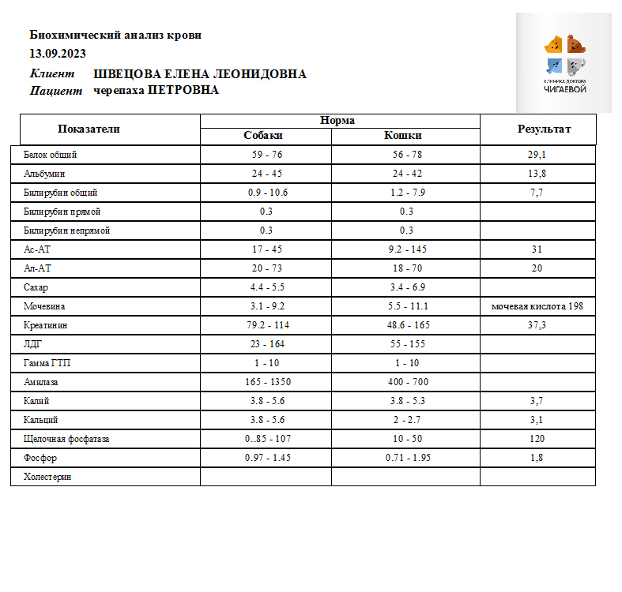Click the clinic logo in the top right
[x=564, y=62]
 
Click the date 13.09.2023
[x=58, y=54]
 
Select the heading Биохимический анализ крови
[x=115, y=35]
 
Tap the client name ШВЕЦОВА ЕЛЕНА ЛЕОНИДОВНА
[x=200, y=74]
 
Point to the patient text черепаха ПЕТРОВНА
[x=156, y=91]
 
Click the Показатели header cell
[x=89, y=129]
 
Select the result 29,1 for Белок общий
[x=537, y=155]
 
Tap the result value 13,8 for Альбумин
[x=537, y=174]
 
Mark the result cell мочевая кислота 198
[x=537, y=306]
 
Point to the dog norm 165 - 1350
[x=266, y=382]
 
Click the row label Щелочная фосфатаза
[x=66, y=439]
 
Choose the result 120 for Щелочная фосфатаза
[x=537, y=439]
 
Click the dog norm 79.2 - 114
[x=266, y=325]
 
